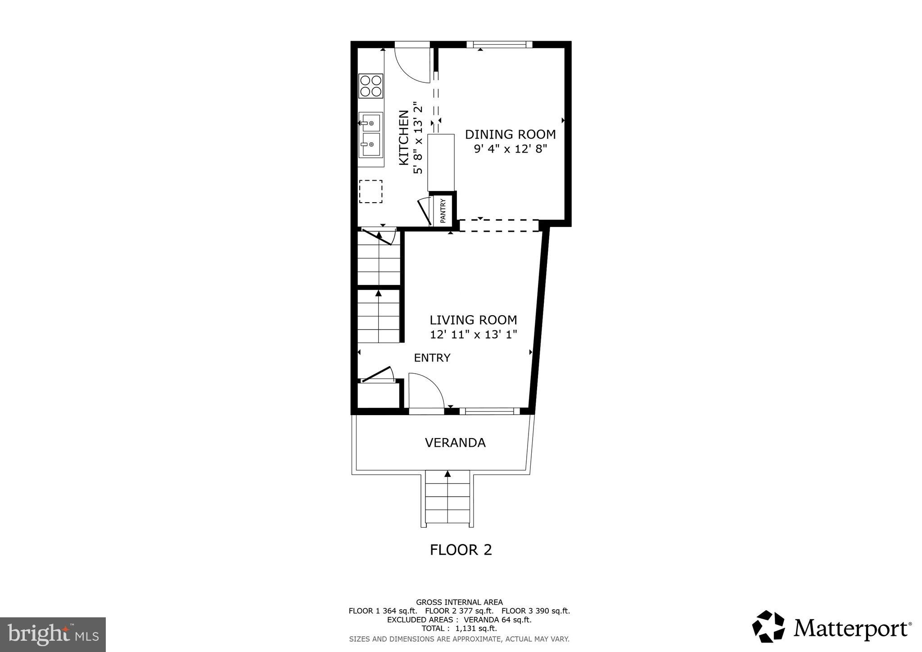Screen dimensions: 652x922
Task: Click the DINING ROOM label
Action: click(510, 134)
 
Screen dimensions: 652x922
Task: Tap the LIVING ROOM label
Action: click(473, 320)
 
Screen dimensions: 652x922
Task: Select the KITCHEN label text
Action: click(404, 137)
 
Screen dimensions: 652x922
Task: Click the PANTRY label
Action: click(443, 211)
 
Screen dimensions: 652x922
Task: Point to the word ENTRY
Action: click(432, 358)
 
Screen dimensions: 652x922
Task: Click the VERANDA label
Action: click(455, 443)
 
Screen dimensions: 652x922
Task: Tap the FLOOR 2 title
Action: click(461, 550)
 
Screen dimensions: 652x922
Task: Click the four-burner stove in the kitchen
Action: click(371, 86)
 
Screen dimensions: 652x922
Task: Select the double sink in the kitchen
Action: click(371, 135)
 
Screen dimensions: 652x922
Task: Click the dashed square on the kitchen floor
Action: click(371, 191)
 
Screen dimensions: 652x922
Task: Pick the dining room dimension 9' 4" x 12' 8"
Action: click(510, 149)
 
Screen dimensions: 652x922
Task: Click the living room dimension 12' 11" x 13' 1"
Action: click(473, 335)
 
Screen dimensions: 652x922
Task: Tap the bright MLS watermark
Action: click(53, 634)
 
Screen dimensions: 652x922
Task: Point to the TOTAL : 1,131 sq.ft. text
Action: click(459, 629)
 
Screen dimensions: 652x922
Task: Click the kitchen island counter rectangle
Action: click(441, 162)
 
